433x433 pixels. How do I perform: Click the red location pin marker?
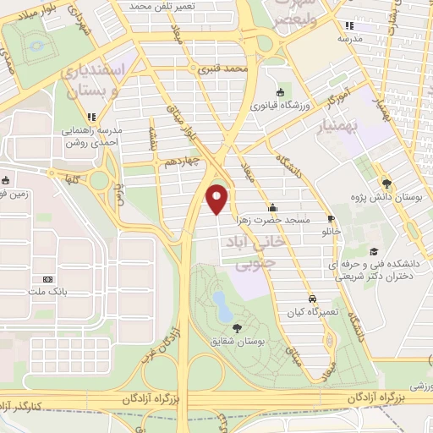pos(218,198)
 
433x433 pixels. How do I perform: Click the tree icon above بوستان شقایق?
pos(234,328)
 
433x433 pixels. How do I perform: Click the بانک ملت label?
pos(47,293)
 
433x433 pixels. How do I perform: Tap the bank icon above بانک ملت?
pos(47,278)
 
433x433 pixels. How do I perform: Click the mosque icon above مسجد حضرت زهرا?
pos(272,206)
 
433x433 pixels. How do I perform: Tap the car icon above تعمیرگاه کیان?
pos(312,299)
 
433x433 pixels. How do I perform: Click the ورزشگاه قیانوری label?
pos(279,106)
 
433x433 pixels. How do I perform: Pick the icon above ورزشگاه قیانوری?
pos(279,92)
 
